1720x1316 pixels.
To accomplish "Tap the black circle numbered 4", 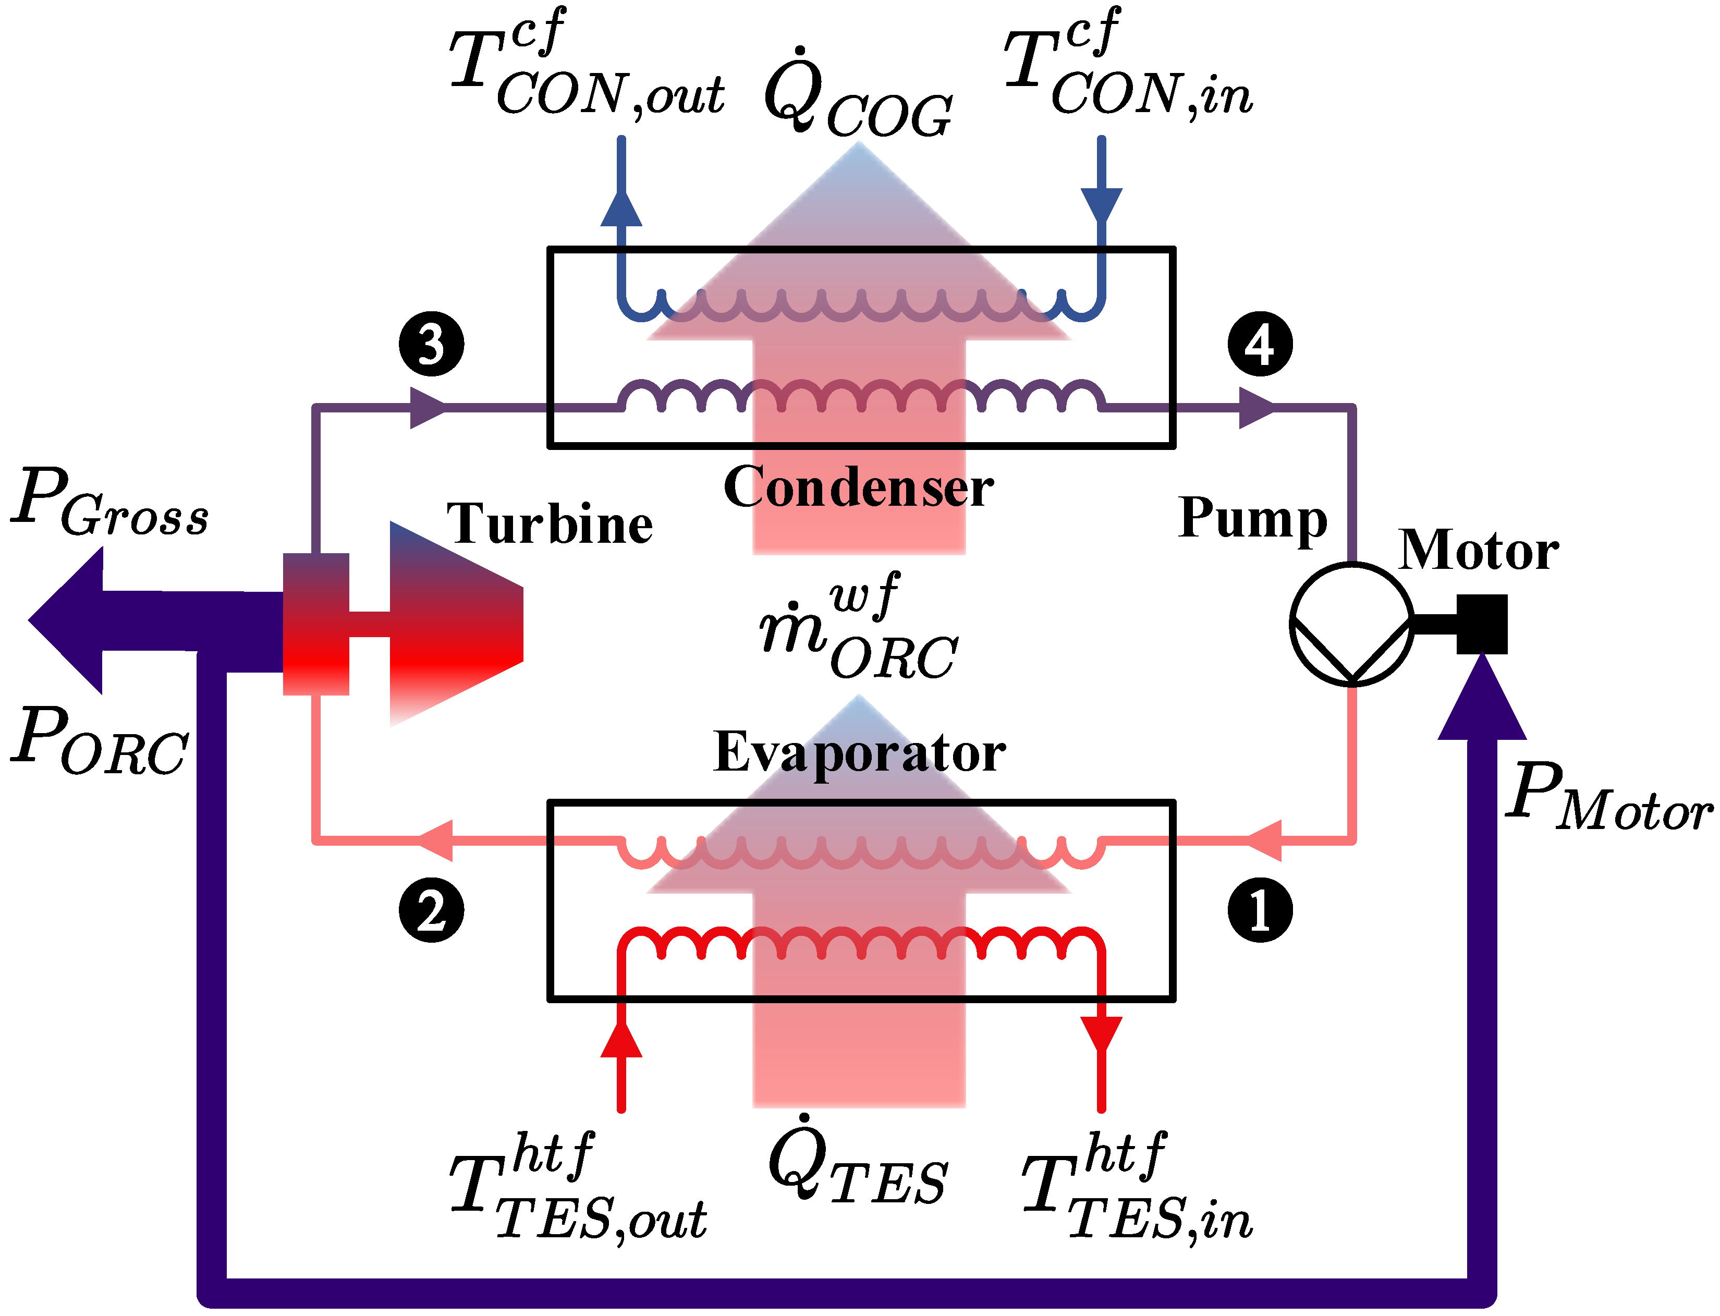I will (1260, 345).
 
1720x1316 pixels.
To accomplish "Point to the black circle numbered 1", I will (1260, 910).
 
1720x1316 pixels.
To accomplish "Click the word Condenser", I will (858, 487).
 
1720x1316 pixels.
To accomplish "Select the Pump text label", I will (1252, 519).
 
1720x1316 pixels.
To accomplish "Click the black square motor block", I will (1482, 624).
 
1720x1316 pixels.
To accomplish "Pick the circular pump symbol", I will (1351, 624).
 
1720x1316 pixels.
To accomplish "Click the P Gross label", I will (109, 502).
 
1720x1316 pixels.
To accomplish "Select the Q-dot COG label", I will (858, 94).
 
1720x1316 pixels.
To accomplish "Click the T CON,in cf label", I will (1128, 67).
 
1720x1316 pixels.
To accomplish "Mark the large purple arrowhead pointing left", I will (67, 620).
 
